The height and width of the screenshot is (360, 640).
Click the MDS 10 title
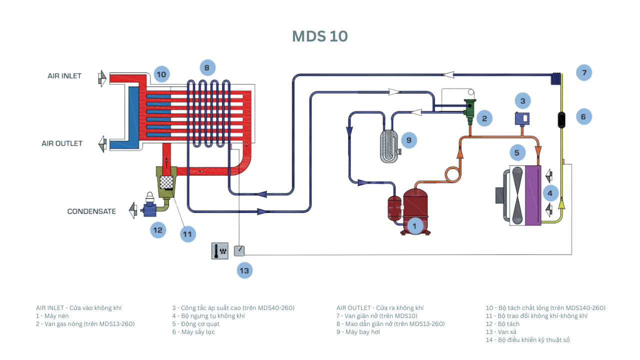pos(320,36)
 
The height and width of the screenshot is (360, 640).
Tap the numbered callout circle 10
pos(161,74)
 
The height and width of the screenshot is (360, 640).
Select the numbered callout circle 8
pos(206,67)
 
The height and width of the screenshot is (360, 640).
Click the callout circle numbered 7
pos(583,72)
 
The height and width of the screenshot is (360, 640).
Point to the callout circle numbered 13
pos(244,270)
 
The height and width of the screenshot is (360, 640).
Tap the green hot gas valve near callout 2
pos(470,111)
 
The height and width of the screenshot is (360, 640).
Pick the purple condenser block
pos(532,195)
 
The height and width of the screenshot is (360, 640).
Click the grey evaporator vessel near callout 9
pos(389,146)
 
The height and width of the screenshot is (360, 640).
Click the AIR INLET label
pos(64,76)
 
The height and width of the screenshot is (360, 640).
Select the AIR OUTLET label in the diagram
pos(62,143)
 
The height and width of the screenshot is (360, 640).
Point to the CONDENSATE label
pos(91,211)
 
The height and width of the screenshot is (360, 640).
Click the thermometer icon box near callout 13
pos(219,250)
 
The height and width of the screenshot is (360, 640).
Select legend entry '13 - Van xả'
pos(501,332)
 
